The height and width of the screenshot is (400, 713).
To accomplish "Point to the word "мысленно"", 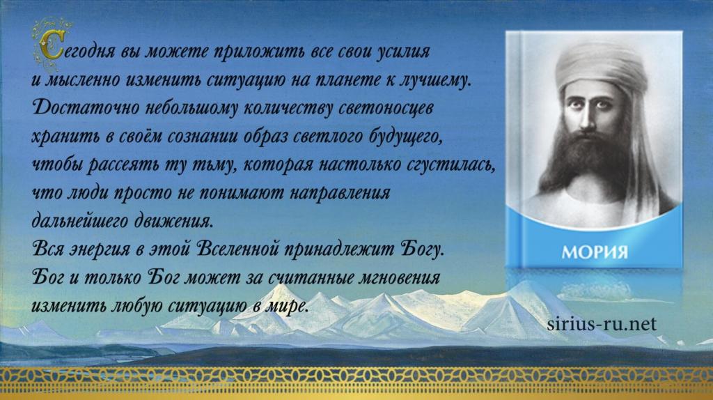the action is [81, 79].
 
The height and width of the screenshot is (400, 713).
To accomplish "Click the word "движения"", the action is [173, 222].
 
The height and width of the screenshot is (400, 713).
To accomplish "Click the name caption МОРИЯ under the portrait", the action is [595, 252].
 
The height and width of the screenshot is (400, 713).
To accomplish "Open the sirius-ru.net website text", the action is [602, 324].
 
